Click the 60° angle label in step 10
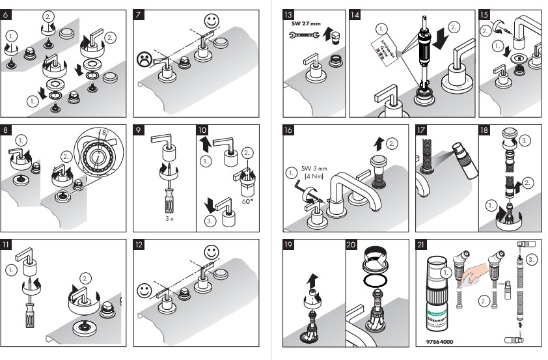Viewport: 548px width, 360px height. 247,202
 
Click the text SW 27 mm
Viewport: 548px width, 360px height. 305,23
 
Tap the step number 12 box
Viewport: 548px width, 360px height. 139,245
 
